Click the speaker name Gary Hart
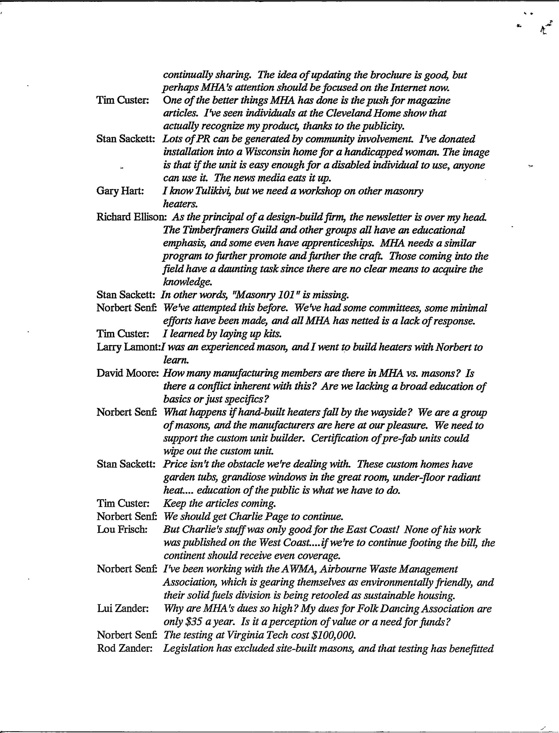[x=119, y=192]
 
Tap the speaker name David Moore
[x=127, y=373]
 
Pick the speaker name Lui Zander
[x=122, y=609]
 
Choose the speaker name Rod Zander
[x=124, y=648]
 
